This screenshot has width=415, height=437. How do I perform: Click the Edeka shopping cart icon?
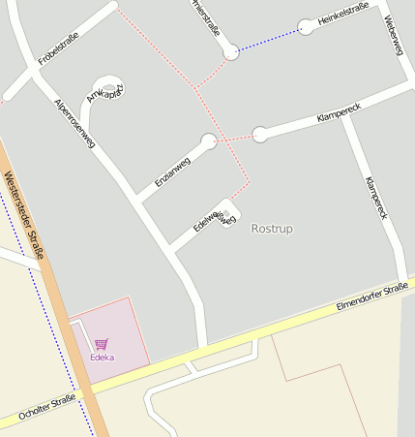click(x=102, y=343)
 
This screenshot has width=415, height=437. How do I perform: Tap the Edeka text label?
click(x=102, y=357)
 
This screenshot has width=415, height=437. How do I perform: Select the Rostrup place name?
click(x=271, y=229)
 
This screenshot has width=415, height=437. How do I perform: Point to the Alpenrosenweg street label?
click(x=74, y=122)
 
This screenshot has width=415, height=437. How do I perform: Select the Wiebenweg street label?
click(x=392, y=34)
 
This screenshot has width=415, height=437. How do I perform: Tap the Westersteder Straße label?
click(x=25, y=215)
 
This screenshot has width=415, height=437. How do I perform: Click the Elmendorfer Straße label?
click(x=371, y=296)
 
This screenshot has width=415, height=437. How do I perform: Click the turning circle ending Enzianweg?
click(x=208, y=141)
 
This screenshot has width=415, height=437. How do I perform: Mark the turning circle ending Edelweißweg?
click(x=228, y=208)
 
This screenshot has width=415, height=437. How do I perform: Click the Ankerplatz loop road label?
click(x=104, y=90)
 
